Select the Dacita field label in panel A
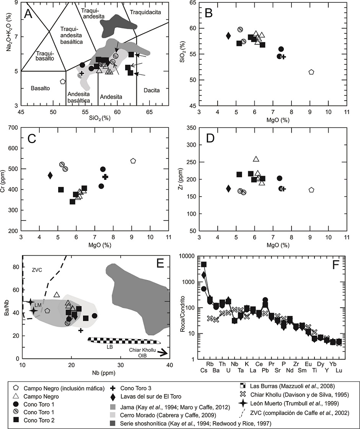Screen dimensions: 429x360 (151, 90)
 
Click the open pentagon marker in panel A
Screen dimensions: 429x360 (63, 82)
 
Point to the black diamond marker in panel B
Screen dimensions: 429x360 (228, 36)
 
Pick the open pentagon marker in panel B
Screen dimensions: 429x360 (311, 72)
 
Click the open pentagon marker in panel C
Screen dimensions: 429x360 (133, 161)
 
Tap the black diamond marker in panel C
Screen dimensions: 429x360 (50, 175)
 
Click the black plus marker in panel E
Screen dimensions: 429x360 (81, 330)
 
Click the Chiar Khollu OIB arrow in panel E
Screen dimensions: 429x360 (163, 353)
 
